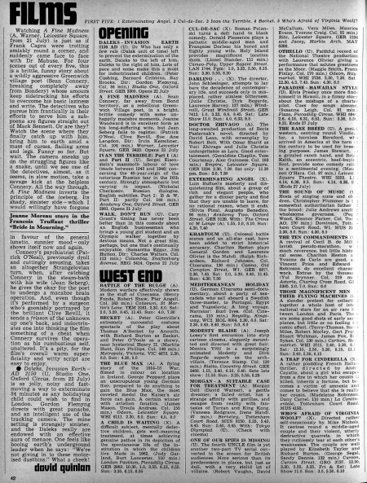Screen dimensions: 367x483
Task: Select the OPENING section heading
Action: click(x=140, y=35)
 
